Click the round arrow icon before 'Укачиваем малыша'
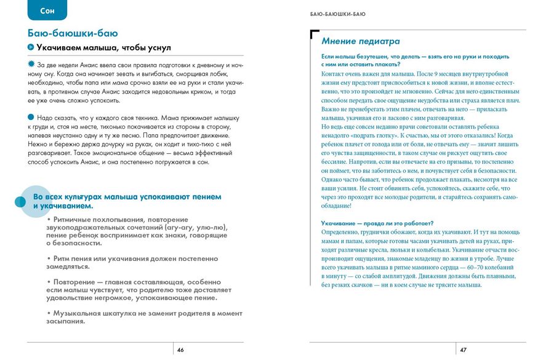click(x=31, y=47)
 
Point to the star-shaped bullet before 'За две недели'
click(x=31, y=64)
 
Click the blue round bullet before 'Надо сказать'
click(x=31, y=116)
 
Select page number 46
click(x=180, y=350)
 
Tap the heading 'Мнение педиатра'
click(x=361, y=41)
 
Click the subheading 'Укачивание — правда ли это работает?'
click(x=378, y=223)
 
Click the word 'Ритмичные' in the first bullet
click(x=76, y=218)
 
